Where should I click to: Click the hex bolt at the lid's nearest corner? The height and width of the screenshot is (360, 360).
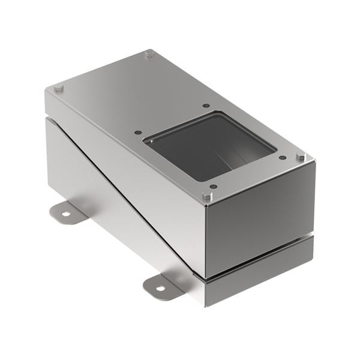[207, 196]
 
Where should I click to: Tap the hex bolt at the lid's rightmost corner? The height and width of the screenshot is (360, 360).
[301, 157]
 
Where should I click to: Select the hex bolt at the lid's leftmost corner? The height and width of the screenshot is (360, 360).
[58, 89]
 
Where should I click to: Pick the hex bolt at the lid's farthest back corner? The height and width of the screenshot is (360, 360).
[149, 54]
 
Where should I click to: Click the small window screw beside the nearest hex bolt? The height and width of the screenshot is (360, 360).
[213, 186]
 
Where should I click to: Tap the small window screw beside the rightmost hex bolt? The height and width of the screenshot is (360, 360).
[282, 158]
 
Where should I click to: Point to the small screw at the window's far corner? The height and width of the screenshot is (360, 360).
[206, 106]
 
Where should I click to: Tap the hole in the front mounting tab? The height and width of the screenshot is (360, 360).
[160, 288]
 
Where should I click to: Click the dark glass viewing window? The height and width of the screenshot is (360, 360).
[210, 147]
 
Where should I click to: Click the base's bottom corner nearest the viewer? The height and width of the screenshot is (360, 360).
[206, 305]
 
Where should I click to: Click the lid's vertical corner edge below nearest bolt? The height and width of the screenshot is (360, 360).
[206, 240]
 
